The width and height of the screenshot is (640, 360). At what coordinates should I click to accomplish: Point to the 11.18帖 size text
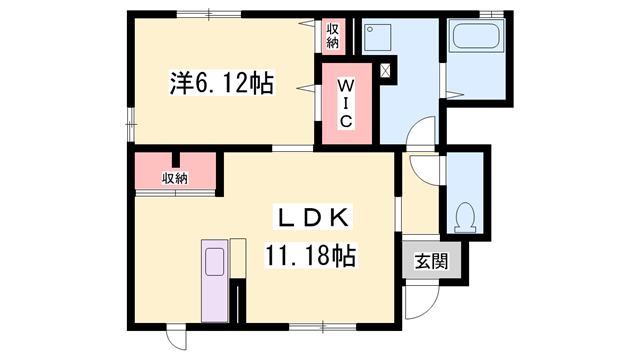[311, 255]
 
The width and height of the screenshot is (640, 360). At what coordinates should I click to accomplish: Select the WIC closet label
[343, 102]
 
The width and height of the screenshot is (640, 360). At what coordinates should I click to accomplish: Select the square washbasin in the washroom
[376, 39]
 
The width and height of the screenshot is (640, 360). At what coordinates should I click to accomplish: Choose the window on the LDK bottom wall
[322, 326]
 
